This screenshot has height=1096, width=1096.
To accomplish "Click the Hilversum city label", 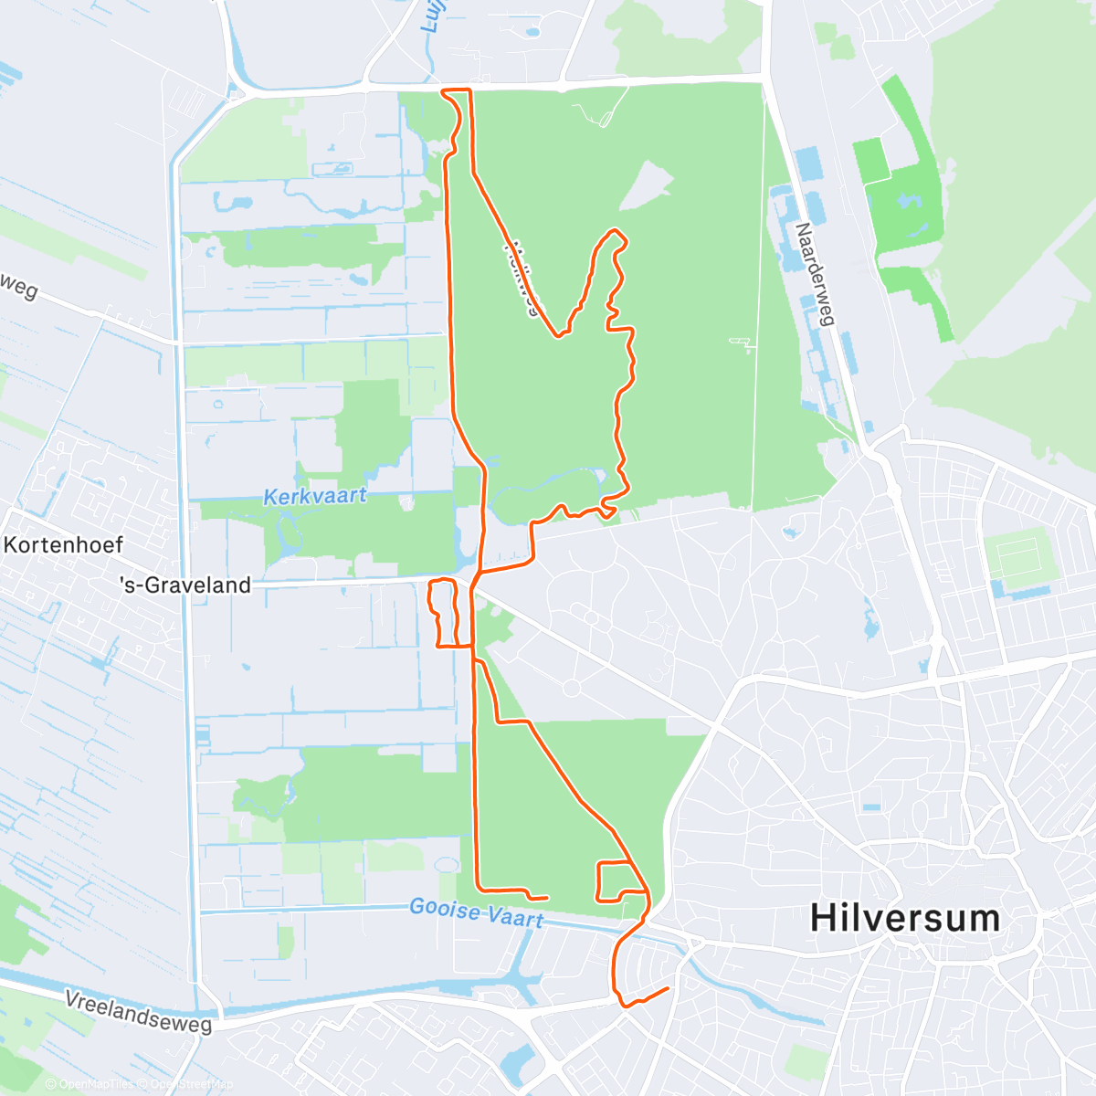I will [x=905, y=917].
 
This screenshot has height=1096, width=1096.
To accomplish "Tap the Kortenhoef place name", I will [x=63, y=545].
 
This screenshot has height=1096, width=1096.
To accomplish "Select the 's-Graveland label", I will [x=185, y=585].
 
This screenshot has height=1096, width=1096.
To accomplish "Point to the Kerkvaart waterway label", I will [x=315, y=497].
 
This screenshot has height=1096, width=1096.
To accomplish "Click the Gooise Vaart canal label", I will [x=476, y=912].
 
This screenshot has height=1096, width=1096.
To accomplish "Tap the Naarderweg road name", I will [x=816, y=274].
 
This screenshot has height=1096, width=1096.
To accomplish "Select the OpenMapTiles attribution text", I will [x=96, y=1084].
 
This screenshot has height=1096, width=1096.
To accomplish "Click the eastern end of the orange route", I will [x=668, y=988].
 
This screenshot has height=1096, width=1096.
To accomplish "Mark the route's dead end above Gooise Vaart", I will [x=546, y=898].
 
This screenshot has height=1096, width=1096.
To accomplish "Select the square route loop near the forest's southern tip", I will [x=614, y=880].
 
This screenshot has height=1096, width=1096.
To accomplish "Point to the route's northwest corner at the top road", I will [x=443, y=90].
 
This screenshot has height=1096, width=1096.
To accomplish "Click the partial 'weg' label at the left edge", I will [x=18, y=285].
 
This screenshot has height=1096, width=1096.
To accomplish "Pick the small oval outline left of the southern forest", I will [x=446, y=864].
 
